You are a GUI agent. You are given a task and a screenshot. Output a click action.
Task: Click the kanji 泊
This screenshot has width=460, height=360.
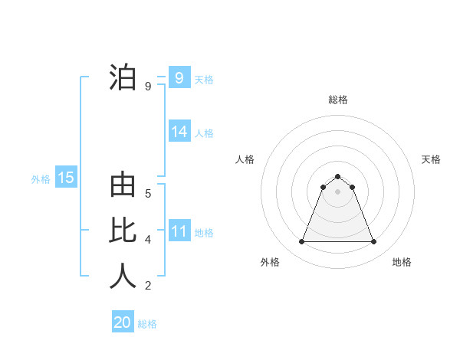[x=123, y=79]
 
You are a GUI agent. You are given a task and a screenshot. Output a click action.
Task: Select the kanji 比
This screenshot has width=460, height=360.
[x=123, y=231]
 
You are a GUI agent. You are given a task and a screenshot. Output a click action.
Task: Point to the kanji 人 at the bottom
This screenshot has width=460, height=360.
[x=123, y=277]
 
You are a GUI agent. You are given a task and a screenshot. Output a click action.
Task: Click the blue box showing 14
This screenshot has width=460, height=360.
[x=179, y=132]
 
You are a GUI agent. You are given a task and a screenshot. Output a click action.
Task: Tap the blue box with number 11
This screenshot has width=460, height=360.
[x=179, y=231]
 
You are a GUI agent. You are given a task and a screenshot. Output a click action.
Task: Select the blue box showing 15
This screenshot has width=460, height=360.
[x=66, y=178]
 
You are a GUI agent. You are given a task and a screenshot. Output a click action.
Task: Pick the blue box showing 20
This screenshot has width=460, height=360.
[x=123, y=322]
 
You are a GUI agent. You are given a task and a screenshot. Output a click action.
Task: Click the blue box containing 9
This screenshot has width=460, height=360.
[x=179, y=78]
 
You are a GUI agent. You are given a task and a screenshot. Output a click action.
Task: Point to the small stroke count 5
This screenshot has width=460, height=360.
[x=148, y=193]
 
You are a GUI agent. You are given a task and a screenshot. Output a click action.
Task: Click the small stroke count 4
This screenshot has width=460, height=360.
[x=148, y=240]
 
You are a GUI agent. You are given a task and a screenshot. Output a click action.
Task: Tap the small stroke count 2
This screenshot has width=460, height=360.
[x=148, y=286]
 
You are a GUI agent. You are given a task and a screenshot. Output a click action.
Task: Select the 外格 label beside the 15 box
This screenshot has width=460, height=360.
[x=41, y=179]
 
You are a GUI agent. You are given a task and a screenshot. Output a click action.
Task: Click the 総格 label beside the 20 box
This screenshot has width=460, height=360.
[x=147, y=324]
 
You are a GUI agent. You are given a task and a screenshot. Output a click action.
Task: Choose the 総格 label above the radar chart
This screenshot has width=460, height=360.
[x=337, y=100]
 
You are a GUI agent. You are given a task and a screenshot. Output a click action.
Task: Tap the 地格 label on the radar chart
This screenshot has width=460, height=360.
[x=402, y=262]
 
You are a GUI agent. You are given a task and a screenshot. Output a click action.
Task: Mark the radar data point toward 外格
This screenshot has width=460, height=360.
[x=301, y=242]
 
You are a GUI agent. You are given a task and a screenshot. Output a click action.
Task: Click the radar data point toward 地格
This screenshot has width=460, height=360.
[x=373, y=242]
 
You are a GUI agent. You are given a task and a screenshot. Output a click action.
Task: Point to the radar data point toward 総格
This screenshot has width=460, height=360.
[x=337, y=177]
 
